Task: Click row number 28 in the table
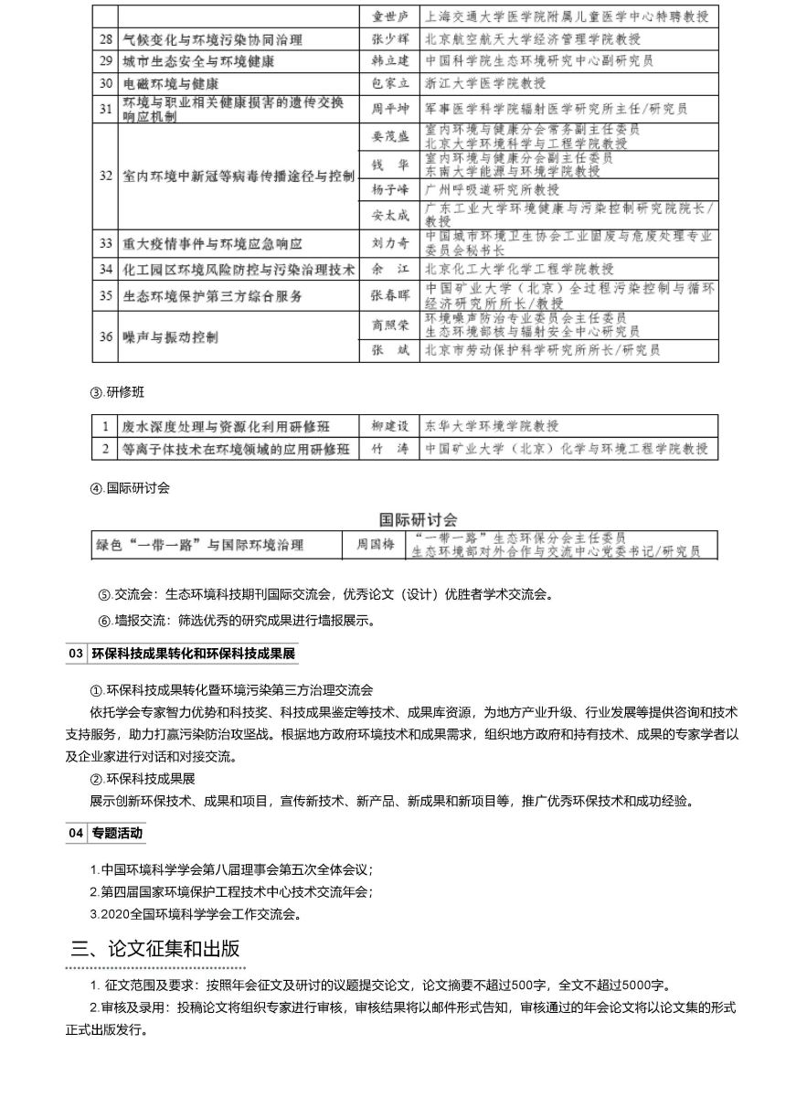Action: (x=106, y=39)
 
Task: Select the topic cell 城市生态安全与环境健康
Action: (x=198, y=61)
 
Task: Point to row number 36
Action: (x=106, y=337)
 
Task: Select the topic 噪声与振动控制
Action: (x=171, y=337)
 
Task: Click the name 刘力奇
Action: (x=389, y=244)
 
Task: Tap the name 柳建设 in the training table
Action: (x=389, y=426)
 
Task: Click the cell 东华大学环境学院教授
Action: (x=492, y=426)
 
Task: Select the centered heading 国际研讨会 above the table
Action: (x=419, y=519)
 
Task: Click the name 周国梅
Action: (x=375, y=546)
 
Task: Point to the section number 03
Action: (x=76, y=654)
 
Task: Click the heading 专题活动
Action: (x=117, y=833)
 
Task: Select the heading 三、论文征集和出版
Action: (x=155, y=948)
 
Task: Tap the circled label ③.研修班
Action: (x=117, y=392)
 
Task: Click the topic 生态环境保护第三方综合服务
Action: (x=214, y=296)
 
